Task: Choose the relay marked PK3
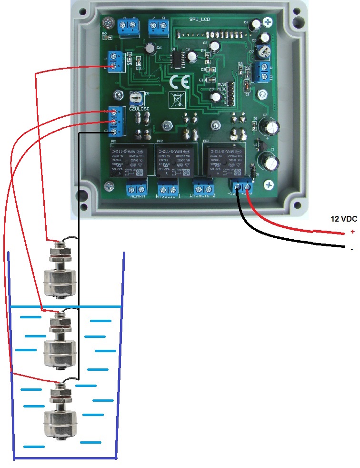click(x=223, y=160)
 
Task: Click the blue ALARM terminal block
click(x=138, y=188)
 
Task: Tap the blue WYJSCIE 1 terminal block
click(x=167, y=187)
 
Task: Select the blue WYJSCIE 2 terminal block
click(x=204, y=187)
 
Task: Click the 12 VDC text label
click(x=344, y=219)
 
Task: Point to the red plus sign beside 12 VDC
click(x=352, y=232)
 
